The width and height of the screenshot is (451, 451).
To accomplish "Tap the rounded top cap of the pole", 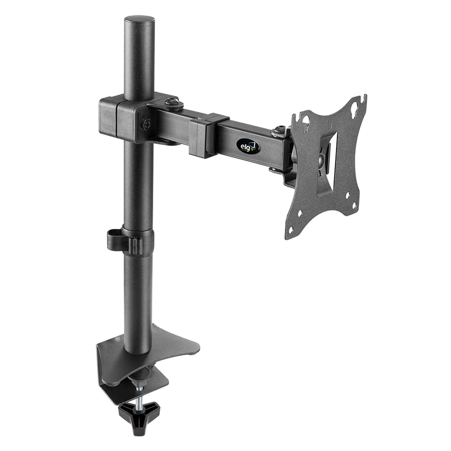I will [x=139, y=21].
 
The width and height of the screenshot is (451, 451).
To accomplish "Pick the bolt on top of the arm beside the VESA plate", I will [x=280, y=130].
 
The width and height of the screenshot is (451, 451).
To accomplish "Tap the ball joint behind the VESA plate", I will [x=321, y=160].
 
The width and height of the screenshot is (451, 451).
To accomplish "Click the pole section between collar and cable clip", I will [x=138, y=185].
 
